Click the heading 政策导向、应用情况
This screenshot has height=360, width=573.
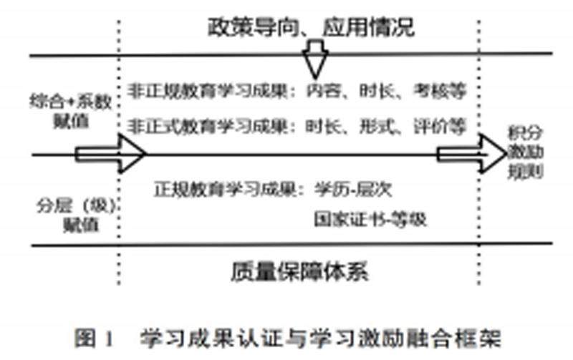[311, 28]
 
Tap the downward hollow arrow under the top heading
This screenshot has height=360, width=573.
[314, 62]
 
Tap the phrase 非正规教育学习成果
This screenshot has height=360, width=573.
[212, 92]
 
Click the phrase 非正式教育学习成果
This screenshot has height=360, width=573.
[212, 127]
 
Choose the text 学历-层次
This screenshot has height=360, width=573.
[352, 190]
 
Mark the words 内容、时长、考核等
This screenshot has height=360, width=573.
[386, 92]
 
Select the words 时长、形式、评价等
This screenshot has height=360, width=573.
[386, 127]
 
